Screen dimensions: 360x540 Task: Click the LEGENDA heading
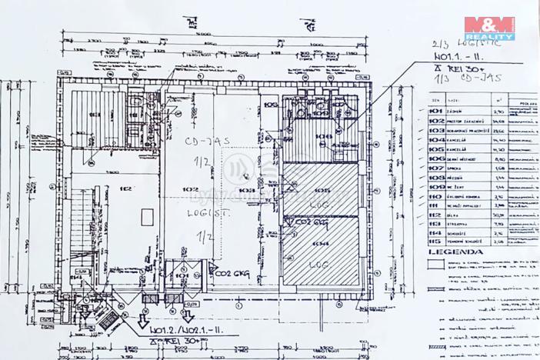(457, 251)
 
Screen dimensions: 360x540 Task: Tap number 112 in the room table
(436, 215)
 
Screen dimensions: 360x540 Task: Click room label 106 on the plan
(324, 135)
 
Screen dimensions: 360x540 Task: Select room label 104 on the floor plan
(319, 243)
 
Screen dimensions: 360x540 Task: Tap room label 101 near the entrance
(182, 274)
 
